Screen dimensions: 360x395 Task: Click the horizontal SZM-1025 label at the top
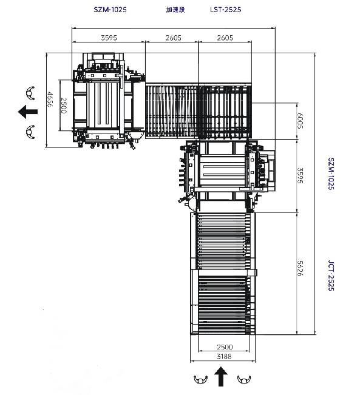[x=110, y=10]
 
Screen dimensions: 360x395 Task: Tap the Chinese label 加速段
[x=175, y=10]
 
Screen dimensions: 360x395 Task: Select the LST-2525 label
[x=226, y=10]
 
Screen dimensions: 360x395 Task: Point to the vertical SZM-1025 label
[x=331, y=174]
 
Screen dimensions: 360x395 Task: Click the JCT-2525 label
[x=331, y=275]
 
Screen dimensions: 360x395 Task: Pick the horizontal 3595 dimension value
[x=109, y=38]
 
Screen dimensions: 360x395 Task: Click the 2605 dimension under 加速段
[x=173, y=38]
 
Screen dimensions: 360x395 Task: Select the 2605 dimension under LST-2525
[x=225, y=38]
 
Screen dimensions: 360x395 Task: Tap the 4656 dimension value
[x=50, y=100]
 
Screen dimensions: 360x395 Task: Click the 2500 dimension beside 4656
[x=64, y=106]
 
